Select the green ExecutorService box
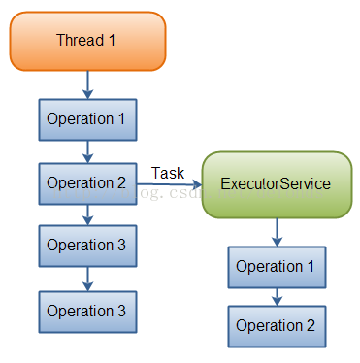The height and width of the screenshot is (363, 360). tap(277, 183)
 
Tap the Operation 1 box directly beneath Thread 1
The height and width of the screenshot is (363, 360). tap(87, 119)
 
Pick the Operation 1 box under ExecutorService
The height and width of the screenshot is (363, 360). tap(277, 266)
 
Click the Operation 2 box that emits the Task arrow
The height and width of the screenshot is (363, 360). tap(87, 182)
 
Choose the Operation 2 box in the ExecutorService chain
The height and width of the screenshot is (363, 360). tap(277, 326)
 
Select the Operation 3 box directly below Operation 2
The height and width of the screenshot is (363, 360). tap(87, 246)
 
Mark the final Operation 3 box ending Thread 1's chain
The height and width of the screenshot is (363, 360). tap(87, 312)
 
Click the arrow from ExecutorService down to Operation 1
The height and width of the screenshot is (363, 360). tap(278, 230)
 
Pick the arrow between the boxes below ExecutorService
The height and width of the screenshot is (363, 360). tap(278, 296)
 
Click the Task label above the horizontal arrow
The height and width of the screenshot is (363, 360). tap(168, 173)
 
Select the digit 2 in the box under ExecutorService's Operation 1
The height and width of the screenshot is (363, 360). tap(311, 326)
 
